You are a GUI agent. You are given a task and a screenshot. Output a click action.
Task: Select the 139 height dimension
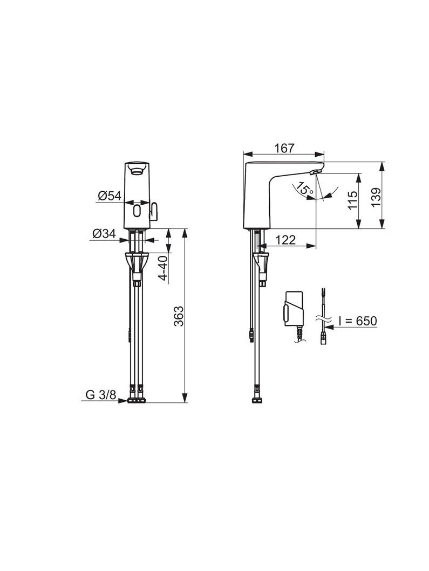(376, 197)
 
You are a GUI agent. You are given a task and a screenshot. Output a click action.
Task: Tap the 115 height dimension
(353, 200)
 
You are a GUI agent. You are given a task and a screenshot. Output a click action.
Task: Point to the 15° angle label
(304, 189)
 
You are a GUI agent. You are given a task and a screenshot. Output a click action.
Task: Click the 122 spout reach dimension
(285, 240)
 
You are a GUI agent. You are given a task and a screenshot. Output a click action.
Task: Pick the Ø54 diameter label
(109, 196)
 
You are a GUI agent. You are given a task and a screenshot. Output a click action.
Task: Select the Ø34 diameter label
(104, 233)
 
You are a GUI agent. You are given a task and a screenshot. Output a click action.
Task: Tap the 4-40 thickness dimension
(163, 268)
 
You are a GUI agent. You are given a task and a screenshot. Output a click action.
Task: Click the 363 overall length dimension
(179, 316)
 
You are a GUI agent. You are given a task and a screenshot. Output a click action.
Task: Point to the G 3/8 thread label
(101, 394)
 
